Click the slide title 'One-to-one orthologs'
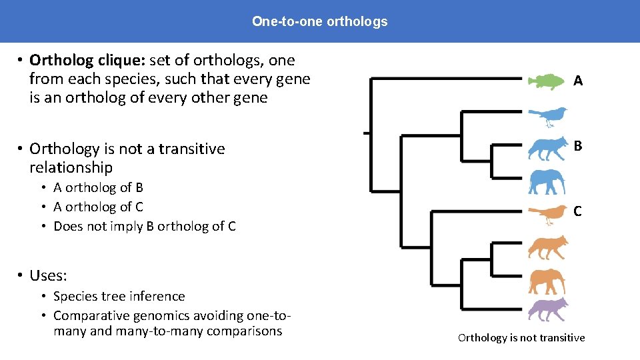[x=319, y=21]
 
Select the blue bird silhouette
[x=548, y=117]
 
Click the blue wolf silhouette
[x=547, y=149]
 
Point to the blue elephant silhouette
[x=547, y=181]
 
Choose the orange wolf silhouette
[x=547, y=247]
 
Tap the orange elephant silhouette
[x=547, y=281]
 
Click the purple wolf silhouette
[x=547, y=310]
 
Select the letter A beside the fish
[x=578, y=81]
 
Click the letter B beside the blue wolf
[x=578, y=145]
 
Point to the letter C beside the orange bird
[x=578, y=211]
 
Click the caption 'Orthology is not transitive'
[x=521, y=337]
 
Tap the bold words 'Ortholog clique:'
[x=87, y=61]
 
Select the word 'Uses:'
[x=48, y=275]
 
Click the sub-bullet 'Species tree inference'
[x=119, y=296]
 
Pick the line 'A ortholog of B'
[x=98, y=187]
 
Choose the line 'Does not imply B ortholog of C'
[x=144, y=226]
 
